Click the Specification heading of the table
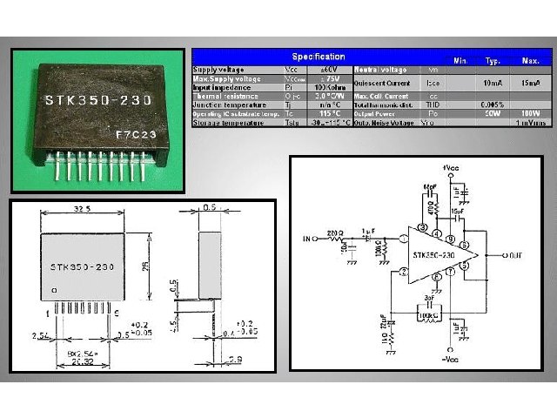pos(318,57)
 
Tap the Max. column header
pos(530,60)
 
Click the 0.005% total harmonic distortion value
pos(493,104)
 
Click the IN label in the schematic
pos(305,237)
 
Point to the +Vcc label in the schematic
pos(451,166)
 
